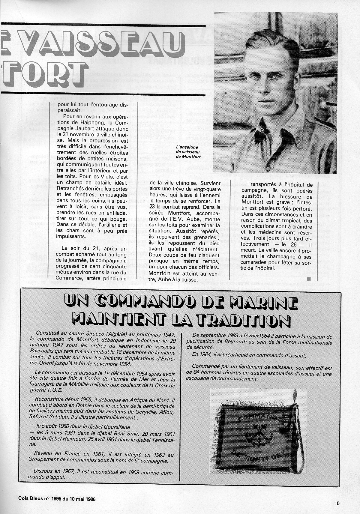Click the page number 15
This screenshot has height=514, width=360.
337,504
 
